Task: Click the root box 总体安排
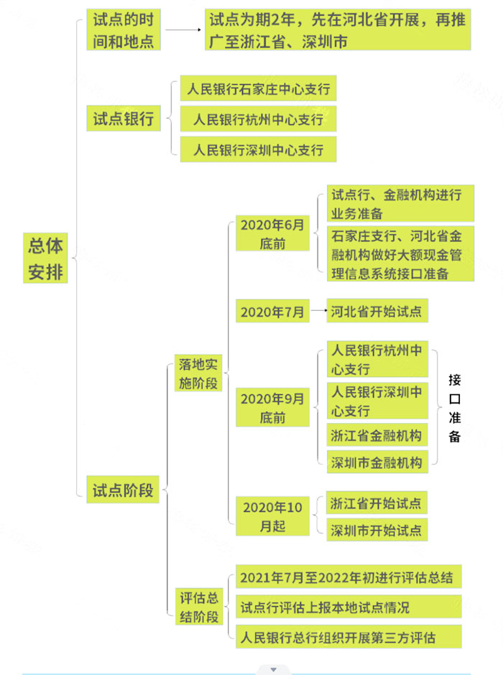pos(45,258)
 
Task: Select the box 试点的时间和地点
pos(124,29)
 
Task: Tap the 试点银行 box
pos(124,118)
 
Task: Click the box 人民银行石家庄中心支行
pos(259,88)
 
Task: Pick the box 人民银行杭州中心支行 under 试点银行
pos(259,119)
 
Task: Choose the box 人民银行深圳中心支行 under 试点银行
pos(259,149)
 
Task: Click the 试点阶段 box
pos(123,490)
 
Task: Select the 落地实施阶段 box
pos(198,373)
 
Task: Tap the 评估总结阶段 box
pos(199,607)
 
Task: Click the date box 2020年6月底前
pos(272,233)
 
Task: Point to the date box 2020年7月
pos(272,311)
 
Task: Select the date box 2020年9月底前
pos(272,408)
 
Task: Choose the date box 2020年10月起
pos(272,516)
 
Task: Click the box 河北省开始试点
pos(377,310)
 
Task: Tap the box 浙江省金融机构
pos(377,435)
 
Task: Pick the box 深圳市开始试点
pos(377,530)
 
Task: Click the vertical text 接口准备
pos(455,408)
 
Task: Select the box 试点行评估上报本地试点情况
pos(349,607)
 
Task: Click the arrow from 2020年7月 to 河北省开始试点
pos(319,310)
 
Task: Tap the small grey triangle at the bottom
pos(274,669)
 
